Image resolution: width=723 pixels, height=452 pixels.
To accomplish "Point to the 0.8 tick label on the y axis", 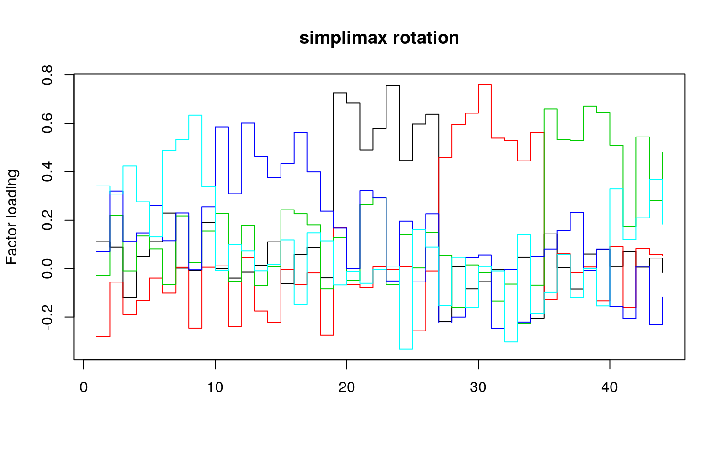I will (x=48, y=75).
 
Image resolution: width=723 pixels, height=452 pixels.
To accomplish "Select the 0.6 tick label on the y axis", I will (x=48, y=123).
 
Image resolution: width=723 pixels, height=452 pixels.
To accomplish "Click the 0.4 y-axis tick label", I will (x=48, y=172).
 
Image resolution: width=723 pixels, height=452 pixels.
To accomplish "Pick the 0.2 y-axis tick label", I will (x=48, y=220).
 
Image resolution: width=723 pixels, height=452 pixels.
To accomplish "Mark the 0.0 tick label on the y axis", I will (x=48, y=269).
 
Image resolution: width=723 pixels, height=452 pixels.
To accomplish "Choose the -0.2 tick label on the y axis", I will (x=48, y=317).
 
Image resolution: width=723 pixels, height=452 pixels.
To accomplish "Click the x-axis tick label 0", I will (x=83, y=387).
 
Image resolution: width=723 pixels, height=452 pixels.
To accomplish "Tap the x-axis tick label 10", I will (x=215, y=387).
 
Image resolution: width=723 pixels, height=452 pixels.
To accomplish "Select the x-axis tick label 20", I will (x=346, y=387).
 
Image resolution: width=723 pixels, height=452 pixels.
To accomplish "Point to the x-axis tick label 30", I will (x=478, y=387).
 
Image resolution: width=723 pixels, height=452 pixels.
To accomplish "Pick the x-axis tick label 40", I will (x=610, y=387).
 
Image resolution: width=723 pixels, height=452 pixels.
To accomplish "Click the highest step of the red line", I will (x=485, y=85).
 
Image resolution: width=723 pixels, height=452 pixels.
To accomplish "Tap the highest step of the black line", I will (x=393, y=86).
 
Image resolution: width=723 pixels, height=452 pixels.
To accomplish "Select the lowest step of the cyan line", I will (x=406, y=349).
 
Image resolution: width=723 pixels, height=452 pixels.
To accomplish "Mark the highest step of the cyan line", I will (x=195, y=115).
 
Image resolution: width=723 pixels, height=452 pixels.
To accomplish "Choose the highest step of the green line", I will (x=590, y=106).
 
